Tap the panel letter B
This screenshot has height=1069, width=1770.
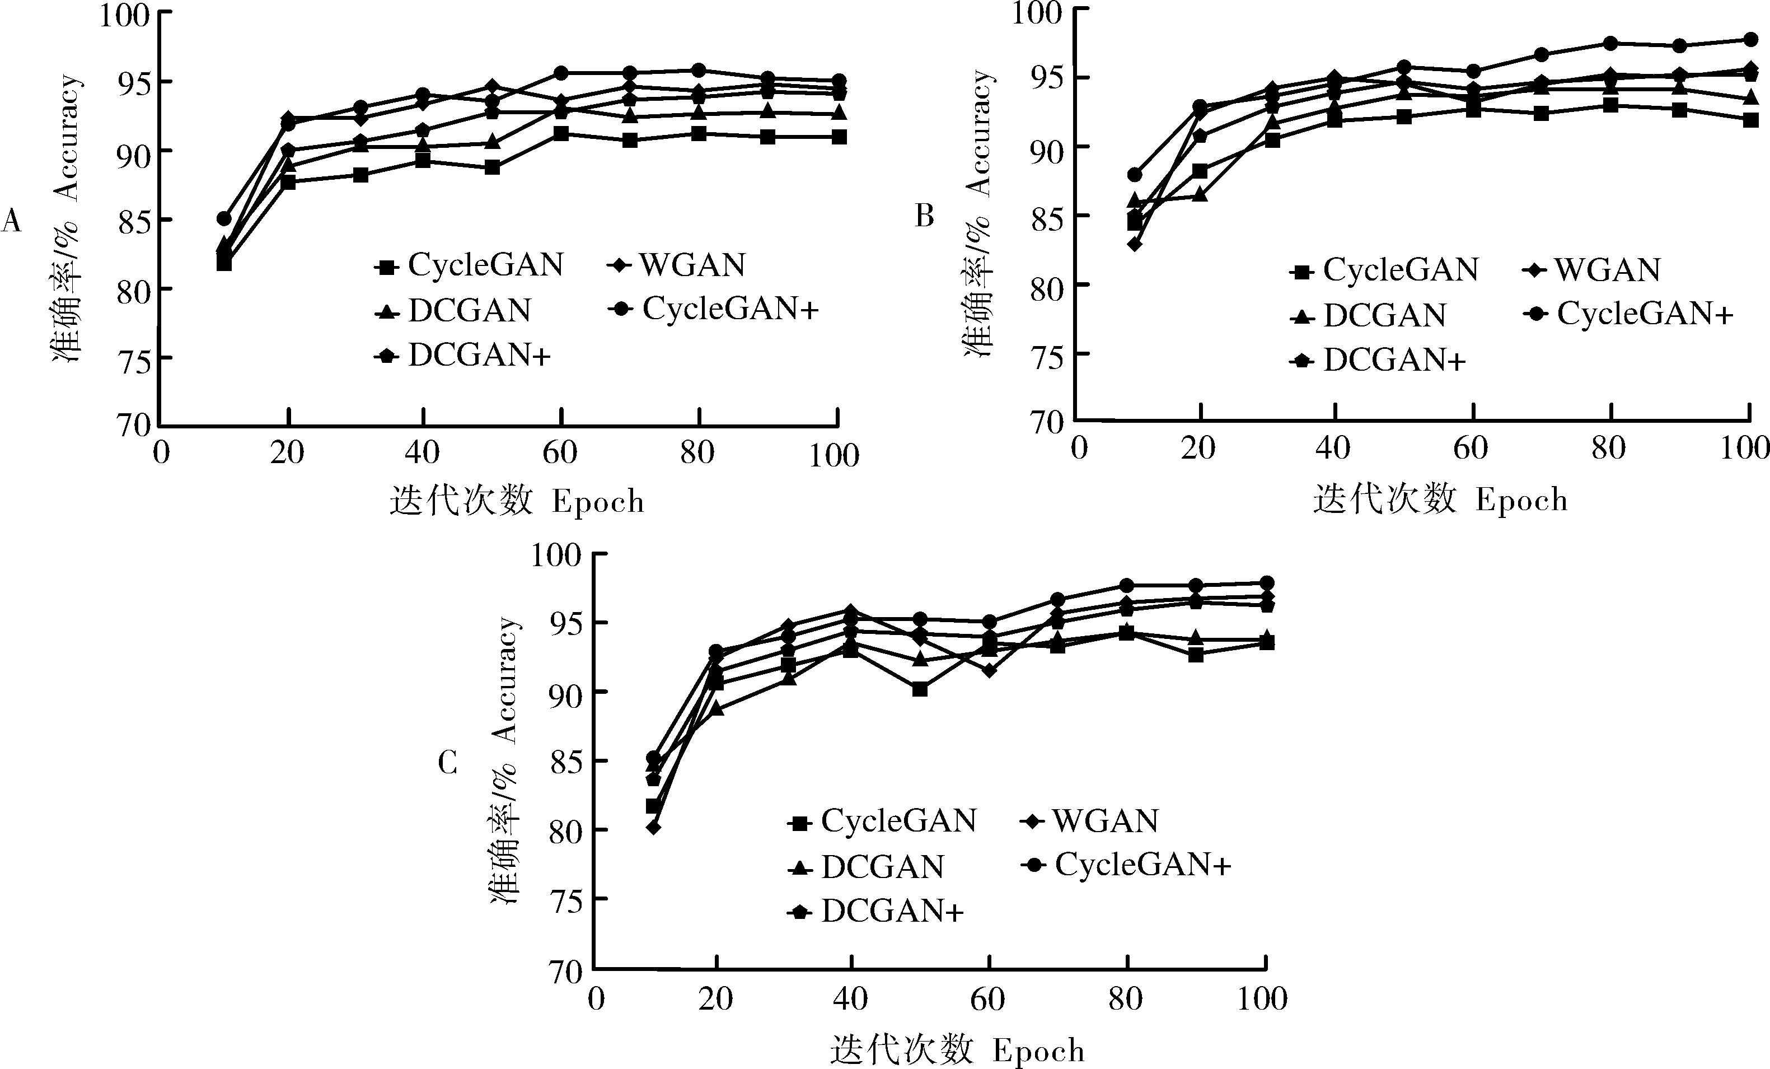925,216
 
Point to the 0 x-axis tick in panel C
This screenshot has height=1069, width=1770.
596,1000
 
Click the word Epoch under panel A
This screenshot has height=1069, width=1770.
598,501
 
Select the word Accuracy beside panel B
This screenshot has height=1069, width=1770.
979,133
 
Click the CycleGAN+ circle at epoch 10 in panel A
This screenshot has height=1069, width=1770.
224,218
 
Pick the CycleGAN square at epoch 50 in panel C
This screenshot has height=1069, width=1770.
920,689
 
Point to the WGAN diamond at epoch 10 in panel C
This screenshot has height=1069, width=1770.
653,828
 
